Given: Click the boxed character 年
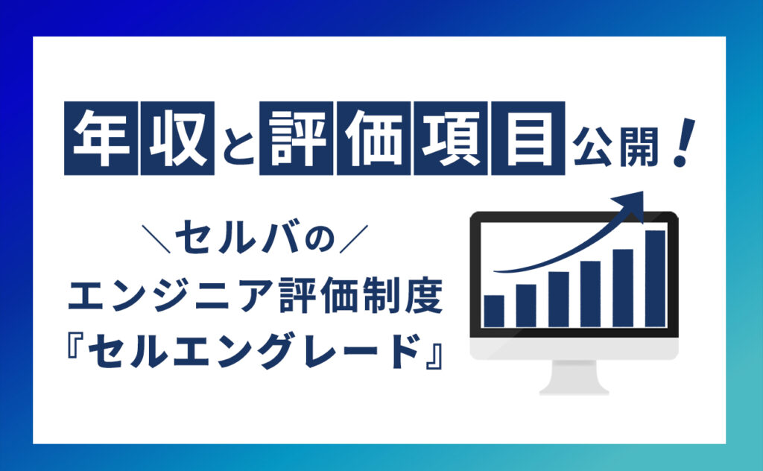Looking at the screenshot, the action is pos(101,138).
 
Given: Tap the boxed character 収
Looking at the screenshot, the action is pos(177,138).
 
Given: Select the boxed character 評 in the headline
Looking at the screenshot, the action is pos(297,138).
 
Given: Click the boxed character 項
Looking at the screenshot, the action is pos(451,138).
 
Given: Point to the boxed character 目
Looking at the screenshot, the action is pos(528,138).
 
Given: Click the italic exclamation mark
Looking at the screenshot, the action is pos(683,144).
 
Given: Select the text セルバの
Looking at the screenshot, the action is pos(255,238).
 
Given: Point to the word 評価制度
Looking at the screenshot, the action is pos(361,295).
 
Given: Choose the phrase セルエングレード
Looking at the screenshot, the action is pos(255,350).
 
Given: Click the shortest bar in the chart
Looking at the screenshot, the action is pos(494,311).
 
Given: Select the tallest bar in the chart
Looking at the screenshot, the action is pos(656,278).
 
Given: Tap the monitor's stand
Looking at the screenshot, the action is pos(574,378).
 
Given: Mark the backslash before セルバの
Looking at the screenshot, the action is pos(156,238).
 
